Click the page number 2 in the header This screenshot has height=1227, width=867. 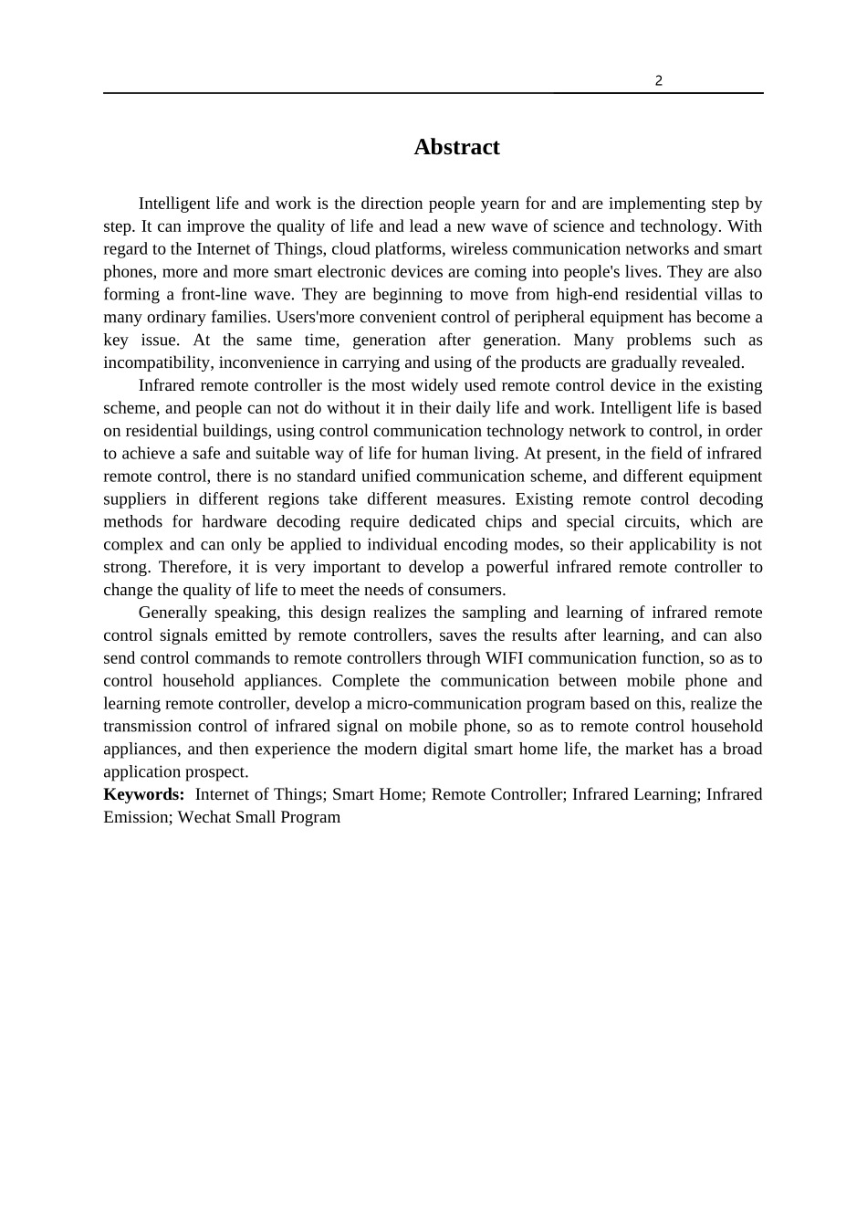pos(659,80)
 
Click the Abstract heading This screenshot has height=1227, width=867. pos(456,147)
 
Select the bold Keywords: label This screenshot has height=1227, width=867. pos(143,794)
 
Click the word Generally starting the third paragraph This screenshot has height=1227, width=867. pos(172,613)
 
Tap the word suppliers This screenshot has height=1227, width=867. pos(135,498)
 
